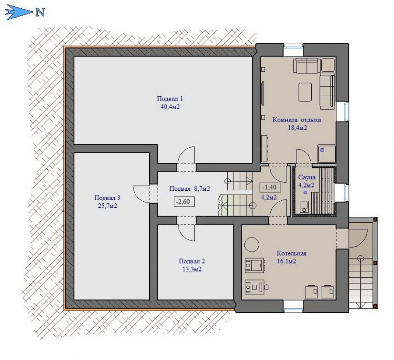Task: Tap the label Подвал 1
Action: (169, 98)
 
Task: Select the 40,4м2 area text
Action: (170, 107)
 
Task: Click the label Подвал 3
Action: (107, 198)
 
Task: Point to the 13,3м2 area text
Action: (192, 269)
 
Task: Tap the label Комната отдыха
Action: (297, 120)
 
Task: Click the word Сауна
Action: (307, 177)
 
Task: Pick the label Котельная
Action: (292, 253)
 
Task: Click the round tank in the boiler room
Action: (252, 244)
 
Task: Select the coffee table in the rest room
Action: (305, 92)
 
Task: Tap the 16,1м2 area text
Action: (286, 261)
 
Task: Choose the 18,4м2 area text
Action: (297, 128)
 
